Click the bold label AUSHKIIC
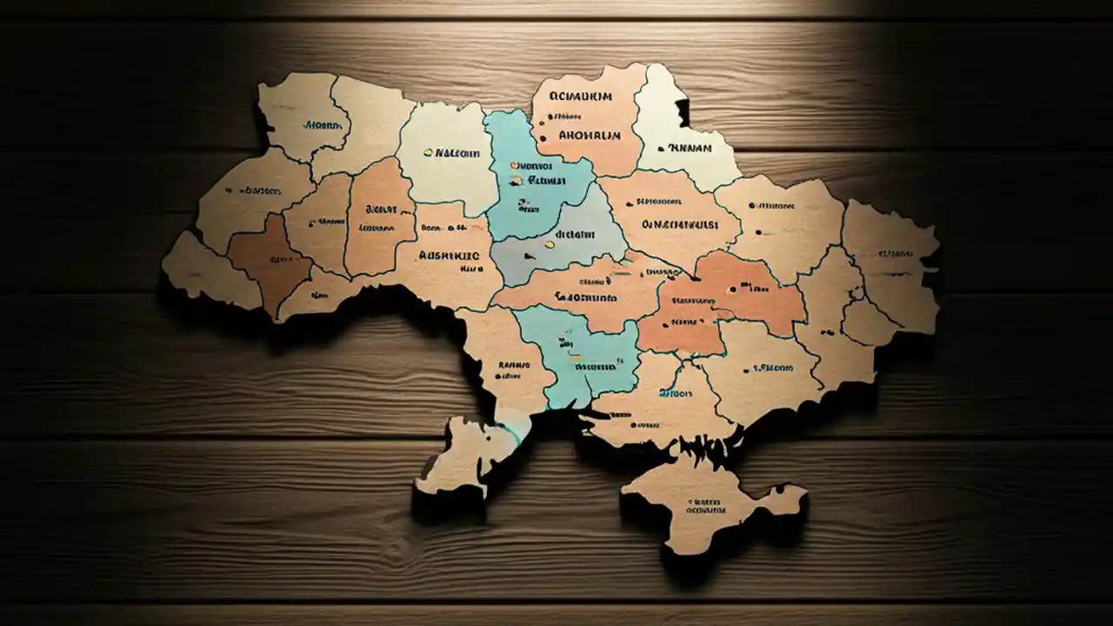(449, 256)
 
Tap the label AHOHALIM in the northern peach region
(590, 136)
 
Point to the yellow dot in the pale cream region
(427, 152)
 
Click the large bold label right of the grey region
(680, 224)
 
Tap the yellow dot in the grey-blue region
(550, 244)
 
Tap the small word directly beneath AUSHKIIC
(447, 270)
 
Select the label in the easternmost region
(896, 254)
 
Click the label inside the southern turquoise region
(595, 367)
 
